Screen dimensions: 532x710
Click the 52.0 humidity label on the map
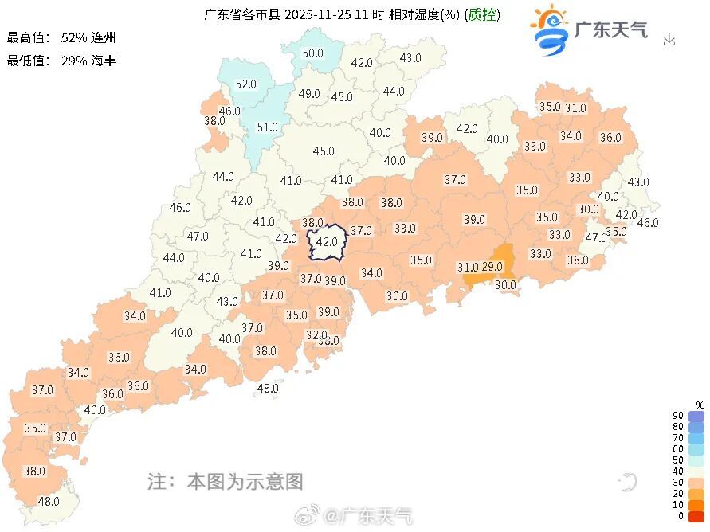point(246,84)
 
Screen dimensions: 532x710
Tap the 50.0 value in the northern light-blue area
point(313,53)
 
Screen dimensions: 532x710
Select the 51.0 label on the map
point(267,127)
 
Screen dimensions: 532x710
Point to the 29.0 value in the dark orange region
point(493,266)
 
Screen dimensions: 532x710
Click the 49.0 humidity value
point(309,93)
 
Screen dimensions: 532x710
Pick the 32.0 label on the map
point(317,334)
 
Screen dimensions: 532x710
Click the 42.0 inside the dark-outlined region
point(328,241)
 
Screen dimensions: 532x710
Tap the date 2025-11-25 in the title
point(317,14)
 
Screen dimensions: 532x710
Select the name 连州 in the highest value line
point(104,37)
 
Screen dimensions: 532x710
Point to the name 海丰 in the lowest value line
point(104,60)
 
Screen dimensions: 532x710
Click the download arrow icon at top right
point(669,39)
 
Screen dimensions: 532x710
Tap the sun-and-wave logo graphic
point(550,29)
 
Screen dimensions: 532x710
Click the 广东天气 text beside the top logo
point(611,30)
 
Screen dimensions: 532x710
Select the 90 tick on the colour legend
point(677,416)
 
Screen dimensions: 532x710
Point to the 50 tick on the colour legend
point(677,460)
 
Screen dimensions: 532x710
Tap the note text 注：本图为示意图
point(226,481)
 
